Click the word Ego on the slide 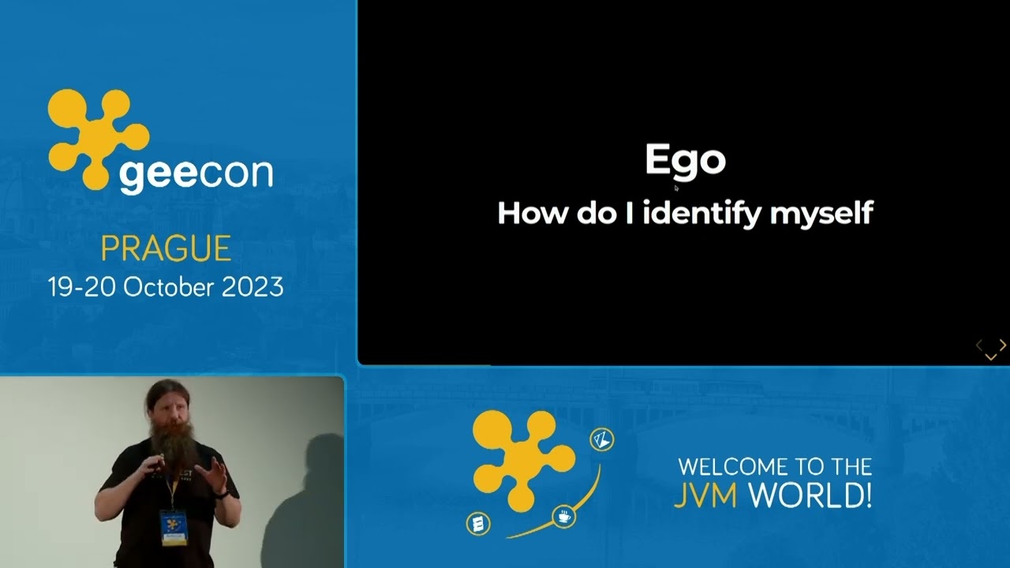pos(685,160)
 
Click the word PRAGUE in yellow pos(166,249)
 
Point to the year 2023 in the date pos(252,286)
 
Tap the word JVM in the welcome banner pos(705,495)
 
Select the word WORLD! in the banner pos(810,495)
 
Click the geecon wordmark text pos(196,174)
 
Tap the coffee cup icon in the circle pos(564,517)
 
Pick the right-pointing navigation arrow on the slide pos(1002,345)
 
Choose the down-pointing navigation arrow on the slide pos(991,357)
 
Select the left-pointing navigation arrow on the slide pos(979,345)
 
